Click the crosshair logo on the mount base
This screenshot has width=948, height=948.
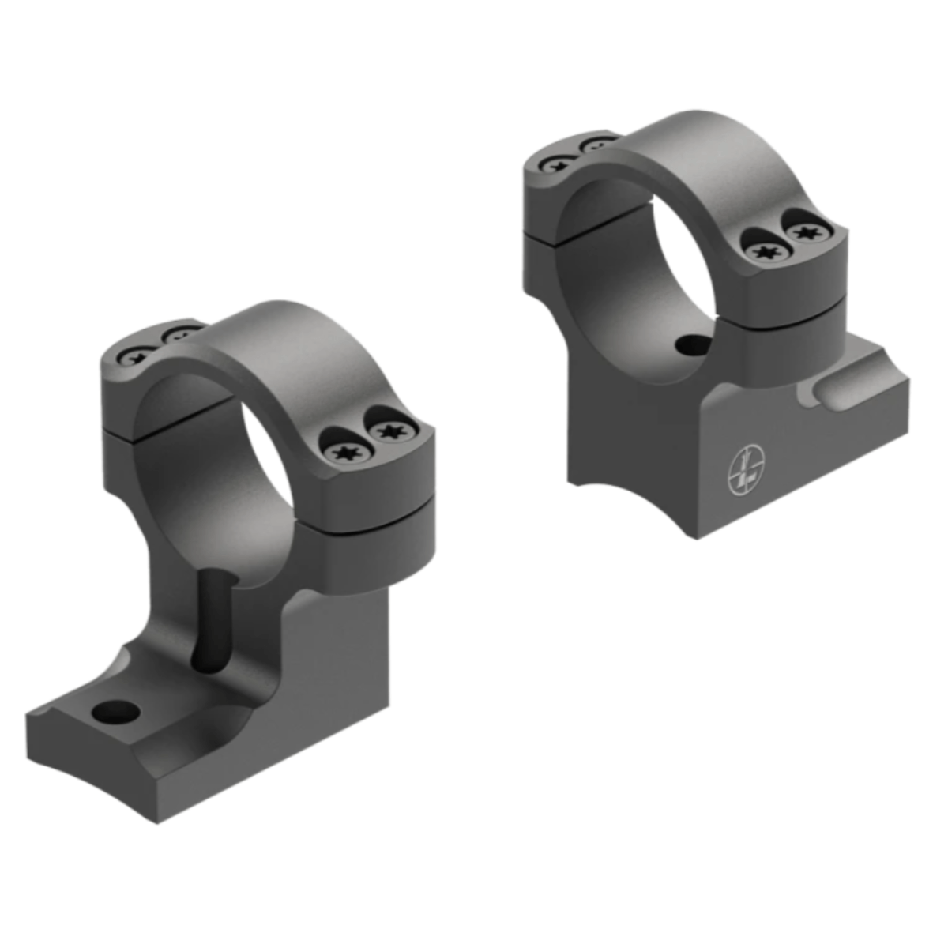tap(743, 469)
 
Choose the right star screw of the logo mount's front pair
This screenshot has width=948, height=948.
tap(803, 232)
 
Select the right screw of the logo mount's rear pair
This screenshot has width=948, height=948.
tap(599, 145)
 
